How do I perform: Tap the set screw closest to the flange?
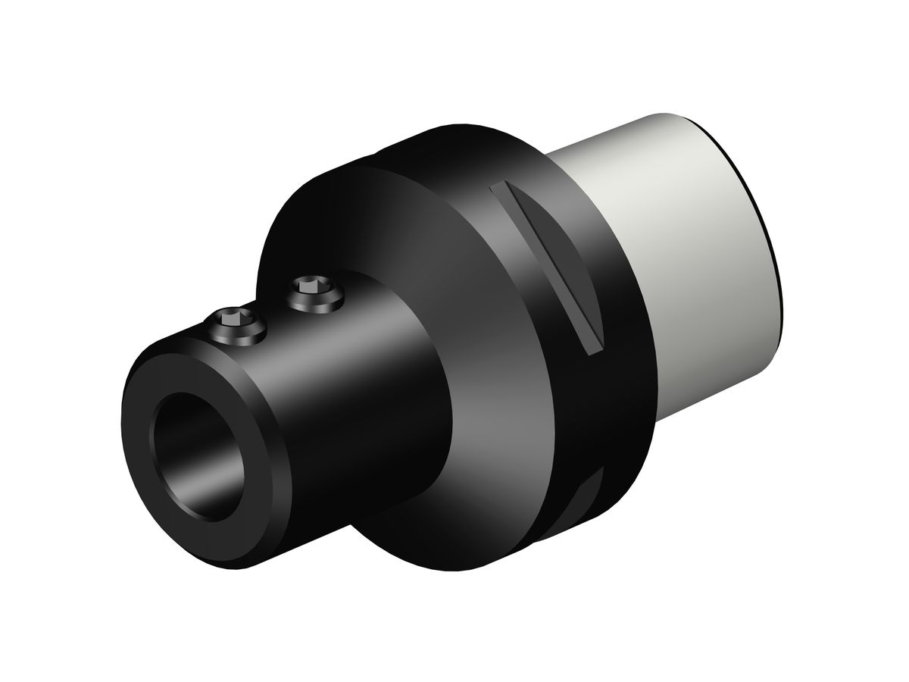pos(314,291)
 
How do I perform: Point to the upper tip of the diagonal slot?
pos(495,186)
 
